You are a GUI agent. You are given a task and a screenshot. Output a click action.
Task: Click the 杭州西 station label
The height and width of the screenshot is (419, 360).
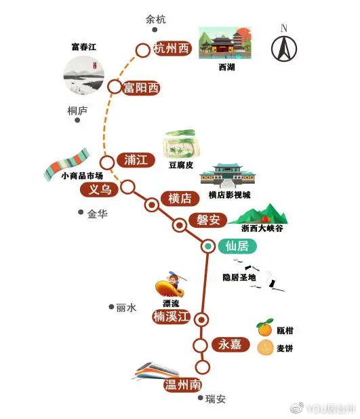(x=172, y=49)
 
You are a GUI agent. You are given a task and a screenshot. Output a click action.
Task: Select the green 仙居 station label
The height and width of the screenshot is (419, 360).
(x=237, y=246)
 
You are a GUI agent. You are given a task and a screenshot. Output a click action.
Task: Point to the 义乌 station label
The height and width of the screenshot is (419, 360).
(x=100, y=190)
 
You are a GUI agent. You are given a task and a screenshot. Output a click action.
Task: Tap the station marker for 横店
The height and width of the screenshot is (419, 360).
(x=152, y=205)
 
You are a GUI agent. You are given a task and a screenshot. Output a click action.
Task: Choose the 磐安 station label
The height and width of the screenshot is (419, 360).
(x=208, y=220)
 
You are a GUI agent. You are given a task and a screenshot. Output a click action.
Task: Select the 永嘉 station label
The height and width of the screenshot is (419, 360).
(x=231, y=344)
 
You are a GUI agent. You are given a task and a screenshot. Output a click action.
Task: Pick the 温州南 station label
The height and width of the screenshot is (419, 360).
(x=182, y=385)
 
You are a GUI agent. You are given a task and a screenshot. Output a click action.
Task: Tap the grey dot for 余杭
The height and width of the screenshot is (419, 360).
(x=155, y=30)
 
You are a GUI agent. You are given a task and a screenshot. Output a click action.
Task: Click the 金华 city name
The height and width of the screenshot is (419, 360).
(x=97, y=214)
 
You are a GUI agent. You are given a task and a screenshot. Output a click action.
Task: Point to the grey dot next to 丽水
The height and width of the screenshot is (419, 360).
(x=111, y=306)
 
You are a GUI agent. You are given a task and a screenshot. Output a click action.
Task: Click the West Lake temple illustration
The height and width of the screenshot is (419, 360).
(x=225, y=43)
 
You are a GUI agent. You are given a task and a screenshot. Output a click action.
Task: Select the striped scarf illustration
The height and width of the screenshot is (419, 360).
(x=66, y=164)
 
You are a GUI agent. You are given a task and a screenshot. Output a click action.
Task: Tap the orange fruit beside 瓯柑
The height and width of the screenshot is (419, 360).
(x=265, y=327)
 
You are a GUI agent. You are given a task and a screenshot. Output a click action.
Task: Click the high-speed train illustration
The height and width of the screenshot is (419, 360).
(x=155, y=371)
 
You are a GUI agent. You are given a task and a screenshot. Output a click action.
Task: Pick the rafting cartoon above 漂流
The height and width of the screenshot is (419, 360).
(x=171, y=285)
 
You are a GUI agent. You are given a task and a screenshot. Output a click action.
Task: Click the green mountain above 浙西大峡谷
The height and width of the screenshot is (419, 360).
(x=258, y=214)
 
